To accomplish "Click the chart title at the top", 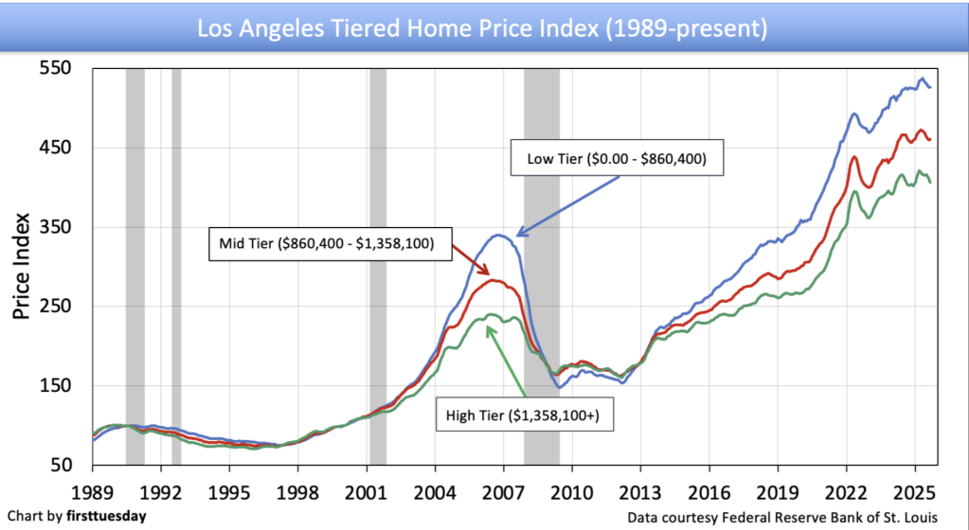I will pos(481,27).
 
